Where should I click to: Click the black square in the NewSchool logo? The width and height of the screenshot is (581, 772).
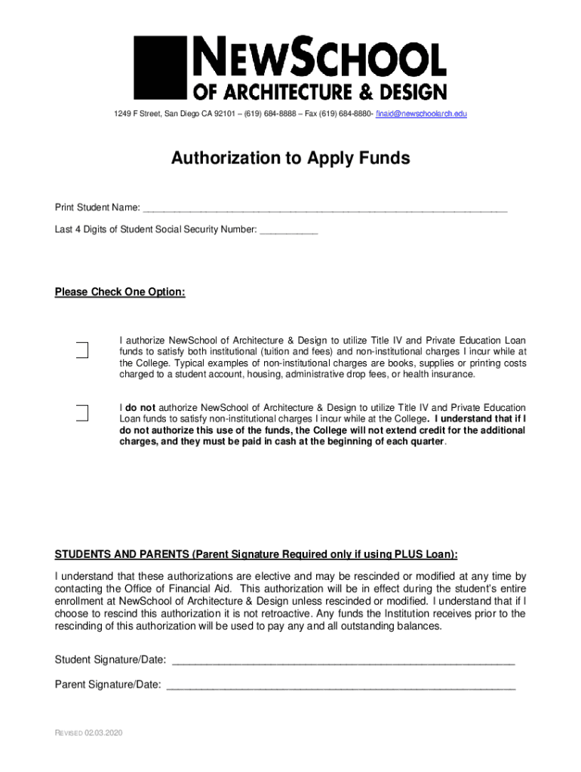coord(160,66)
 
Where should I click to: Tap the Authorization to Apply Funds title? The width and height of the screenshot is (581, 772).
coord(290,158)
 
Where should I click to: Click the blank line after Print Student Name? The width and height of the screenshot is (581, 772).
coord(324,207)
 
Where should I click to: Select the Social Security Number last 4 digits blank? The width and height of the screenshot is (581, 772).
coord(288,229)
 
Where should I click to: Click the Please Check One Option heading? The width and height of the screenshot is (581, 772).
coord(120,292)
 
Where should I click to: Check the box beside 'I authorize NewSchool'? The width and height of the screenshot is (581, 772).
coord(81,350)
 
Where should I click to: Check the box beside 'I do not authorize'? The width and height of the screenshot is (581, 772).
coord(81,412)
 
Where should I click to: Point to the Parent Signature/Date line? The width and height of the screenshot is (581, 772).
coord(340,685)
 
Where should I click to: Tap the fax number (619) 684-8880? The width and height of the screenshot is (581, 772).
coord(342,114)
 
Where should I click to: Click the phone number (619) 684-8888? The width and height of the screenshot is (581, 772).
coord(268,114)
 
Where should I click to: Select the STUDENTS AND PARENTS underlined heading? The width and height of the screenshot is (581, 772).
coord(256,554)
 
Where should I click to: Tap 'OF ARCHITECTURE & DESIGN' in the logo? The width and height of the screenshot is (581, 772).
coord(321,91)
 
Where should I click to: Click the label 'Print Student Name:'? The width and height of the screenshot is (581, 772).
coord(97,207)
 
